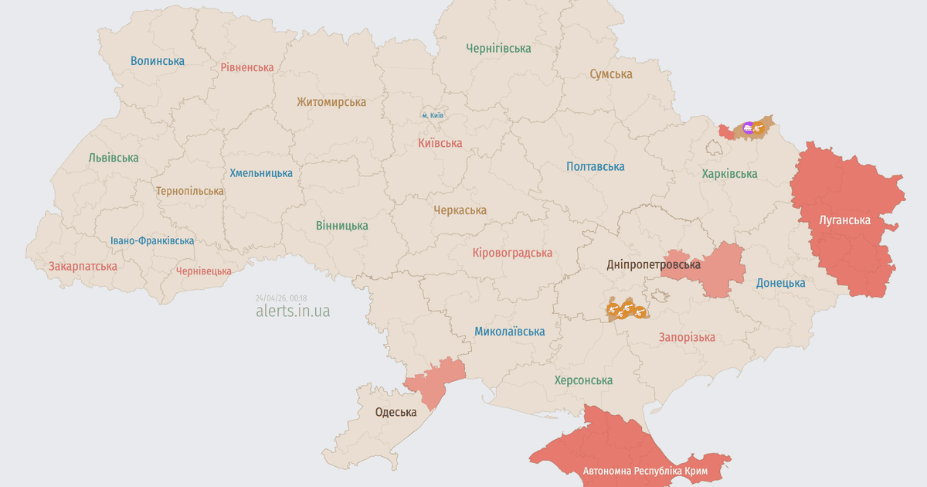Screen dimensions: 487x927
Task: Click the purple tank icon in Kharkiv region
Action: point(747,128)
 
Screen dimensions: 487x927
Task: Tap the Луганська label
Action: point(844,220)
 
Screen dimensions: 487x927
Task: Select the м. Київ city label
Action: point(433,115)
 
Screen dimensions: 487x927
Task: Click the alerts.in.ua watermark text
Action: point(293,311)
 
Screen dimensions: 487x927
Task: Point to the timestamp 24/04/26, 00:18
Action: point(281,298)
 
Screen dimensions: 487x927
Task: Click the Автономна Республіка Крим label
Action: point(645,471)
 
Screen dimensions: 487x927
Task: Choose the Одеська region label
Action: point(396,412)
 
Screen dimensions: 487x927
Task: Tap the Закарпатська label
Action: point(83,266)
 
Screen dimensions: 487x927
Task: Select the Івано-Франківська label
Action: point(152,240)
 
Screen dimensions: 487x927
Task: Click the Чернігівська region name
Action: point(498,48)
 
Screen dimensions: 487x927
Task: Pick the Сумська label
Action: point(610,74)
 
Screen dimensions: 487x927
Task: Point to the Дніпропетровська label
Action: point(653,264)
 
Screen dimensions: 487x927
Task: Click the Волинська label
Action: point(158,60)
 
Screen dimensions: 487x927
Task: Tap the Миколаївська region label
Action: point(509,332)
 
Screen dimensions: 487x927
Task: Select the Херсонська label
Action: point(583,380)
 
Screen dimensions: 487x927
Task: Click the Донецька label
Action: point(780,283)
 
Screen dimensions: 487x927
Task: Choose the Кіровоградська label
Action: point(512,253)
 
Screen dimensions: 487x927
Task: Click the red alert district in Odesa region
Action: point(434,380)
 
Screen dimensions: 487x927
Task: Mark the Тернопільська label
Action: point(190,190)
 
